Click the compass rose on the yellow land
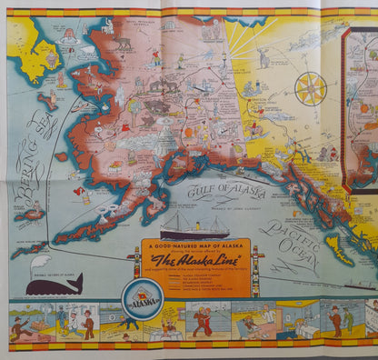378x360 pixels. coord(311,88)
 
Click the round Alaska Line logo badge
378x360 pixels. coord(144,295)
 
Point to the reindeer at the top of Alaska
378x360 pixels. coord(122,44)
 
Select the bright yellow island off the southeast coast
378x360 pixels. coord(335,248)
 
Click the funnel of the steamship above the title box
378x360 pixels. coord(194,221)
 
